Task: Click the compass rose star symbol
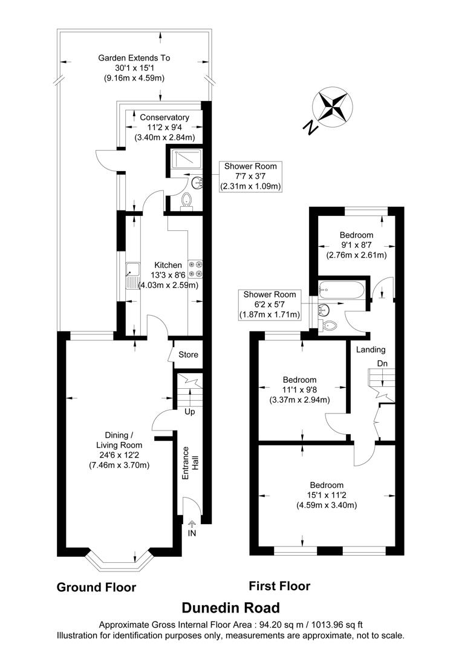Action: pos(333,106)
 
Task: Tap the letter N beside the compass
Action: pos(310,128)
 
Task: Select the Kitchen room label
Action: pos(168,265)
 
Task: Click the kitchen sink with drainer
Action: pos(132,275)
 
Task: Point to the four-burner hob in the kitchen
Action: pos(195,268)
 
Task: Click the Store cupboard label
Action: pos(188,355)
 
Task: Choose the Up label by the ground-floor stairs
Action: pos(189,412)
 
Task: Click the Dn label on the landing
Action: pos(382,363)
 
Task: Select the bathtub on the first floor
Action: pos(342,290)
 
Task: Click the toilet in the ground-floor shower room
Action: pos(187,201)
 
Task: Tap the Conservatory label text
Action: pos(164,117)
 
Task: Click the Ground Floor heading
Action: pos(96,587)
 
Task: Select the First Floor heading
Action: pos(279,586)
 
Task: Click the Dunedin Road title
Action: pos(231,608)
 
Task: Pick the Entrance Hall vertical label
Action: pos(190,463)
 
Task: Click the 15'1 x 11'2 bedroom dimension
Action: pos(327,495)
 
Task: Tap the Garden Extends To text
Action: pos(134,58)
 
